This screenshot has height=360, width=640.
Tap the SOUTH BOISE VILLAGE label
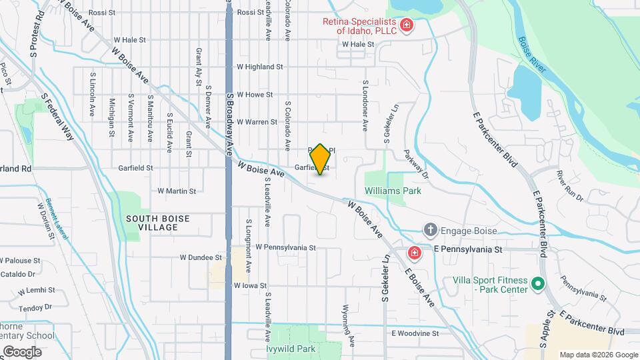pyautogui.click(x=157, y=223)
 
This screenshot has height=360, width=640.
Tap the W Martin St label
pyautogui.click(x=177, y=191)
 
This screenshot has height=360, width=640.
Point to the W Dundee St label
pyautogui.click(x=201, y=257)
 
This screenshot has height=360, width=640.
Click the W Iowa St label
pyautogui.click(x=251, y=285)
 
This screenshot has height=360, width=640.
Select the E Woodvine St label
pyautogui.click(x=415, y=333)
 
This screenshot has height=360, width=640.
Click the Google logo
pyautogui.click(x=22, y=351)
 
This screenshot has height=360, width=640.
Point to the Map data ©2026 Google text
pyautogui.click(x=598, y=355)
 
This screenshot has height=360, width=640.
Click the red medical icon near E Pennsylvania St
pyautogui.click(x=414, y=253)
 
